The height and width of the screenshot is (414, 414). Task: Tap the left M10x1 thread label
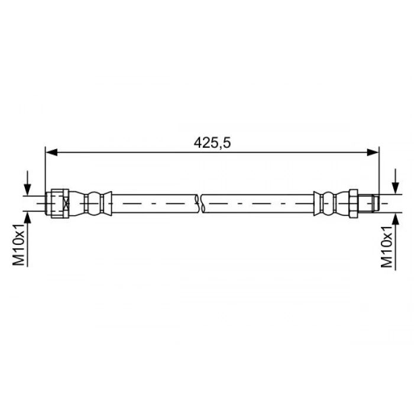coord(20,244)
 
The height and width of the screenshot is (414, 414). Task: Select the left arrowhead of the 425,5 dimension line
coord(51,153)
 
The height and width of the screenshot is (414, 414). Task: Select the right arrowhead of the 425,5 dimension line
coord(373,153)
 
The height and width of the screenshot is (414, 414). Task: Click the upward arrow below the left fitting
coord(27,218)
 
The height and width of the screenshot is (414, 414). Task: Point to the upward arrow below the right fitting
coord(395,218)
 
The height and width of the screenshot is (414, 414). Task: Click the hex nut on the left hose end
coord(57,203)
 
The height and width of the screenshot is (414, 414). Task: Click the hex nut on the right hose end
coord(353,203)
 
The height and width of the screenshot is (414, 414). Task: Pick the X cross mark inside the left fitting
coord(66,203)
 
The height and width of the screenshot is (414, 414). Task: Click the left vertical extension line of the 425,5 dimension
coord(46,172)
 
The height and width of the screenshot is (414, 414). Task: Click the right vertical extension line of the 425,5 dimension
coord(379,172)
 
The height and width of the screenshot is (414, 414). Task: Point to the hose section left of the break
coord(154,203)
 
